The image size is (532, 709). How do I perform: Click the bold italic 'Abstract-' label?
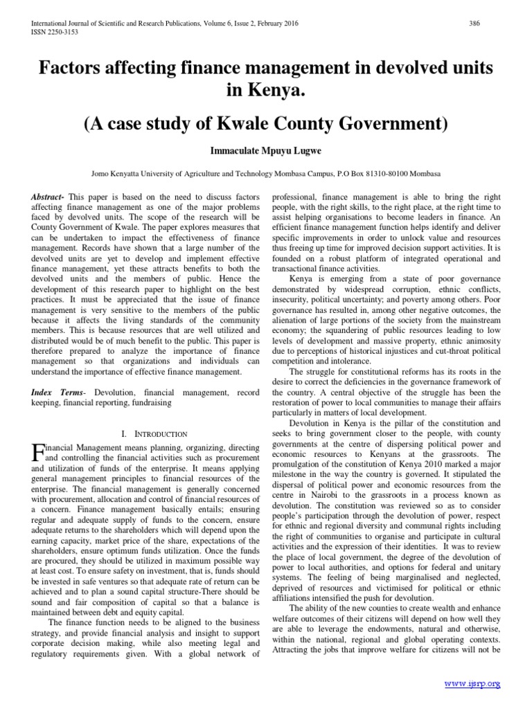click(x=48, y=197)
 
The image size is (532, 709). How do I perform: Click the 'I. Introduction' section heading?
click(x=154, y=433)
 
